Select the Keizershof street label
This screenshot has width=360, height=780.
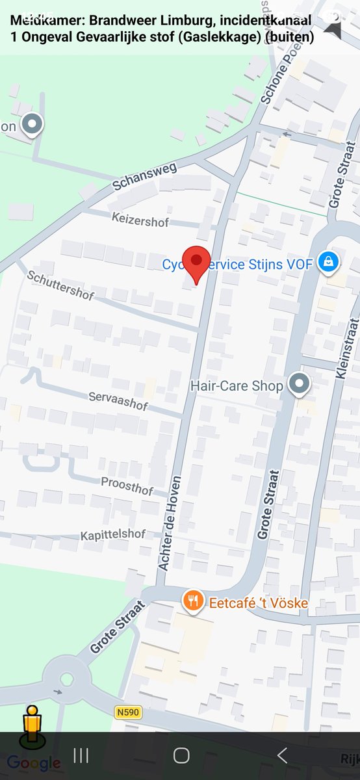click(140, 222)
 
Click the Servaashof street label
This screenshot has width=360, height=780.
click(118, 400)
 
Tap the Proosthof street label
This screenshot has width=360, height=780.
click(127, 485)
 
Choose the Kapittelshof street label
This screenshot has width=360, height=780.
click(112, 535)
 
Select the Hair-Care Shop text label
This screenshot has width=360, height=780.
click(237, 386)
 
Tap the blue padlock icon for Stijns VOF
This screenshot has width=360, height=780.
click(329, 263)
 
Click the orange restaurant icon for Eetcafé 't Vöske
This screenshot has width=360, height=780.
click(192, 601)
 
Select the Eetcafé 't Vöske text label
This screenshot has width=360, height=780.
click(258, 603)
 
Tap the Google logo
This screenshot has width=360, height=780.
click(34, 762)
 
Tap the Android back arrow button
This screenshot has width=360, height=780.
click(282, 755)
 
